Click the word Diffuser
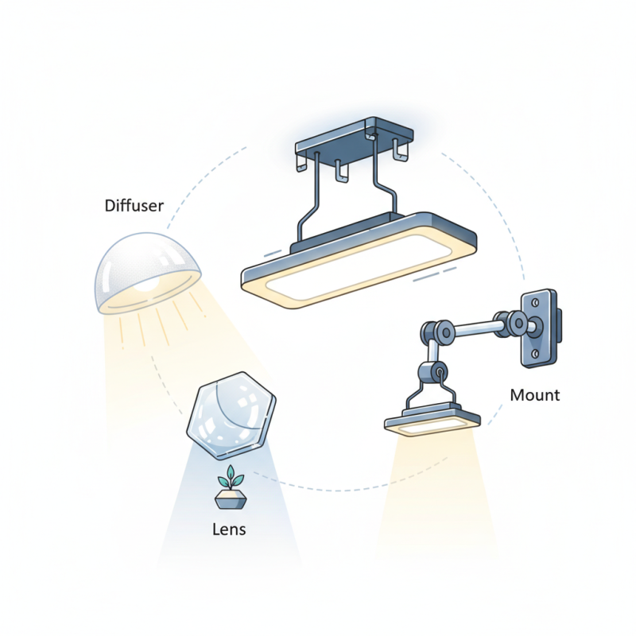point(134,206)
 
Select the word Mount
point(534,395)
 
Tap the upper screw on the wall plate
point(540,301)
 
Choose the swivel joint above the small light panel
point(432,370)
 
